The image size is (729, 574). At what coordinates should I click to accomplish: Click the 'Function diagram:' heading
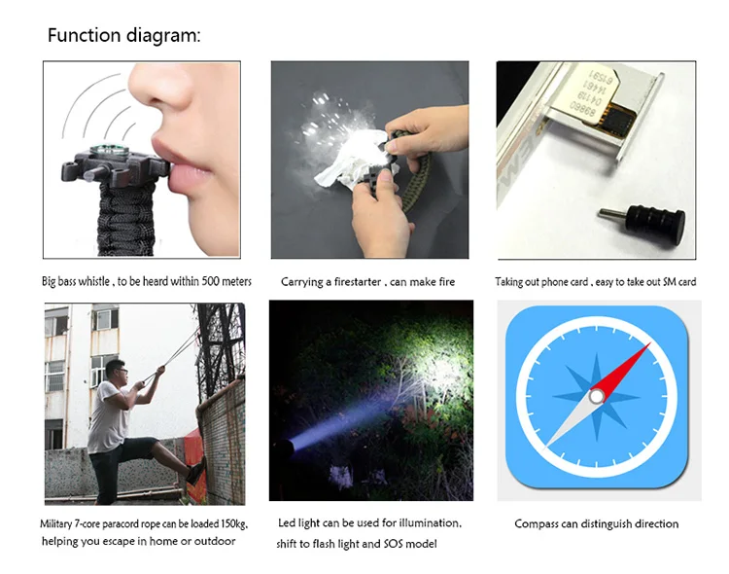click(x=124, y=35)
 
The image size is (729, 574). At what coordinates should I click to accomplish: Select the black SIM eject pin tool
click(x=642, y=218)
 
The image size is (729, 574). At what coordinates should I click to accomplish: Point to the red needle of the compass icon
click(x=622, y=368)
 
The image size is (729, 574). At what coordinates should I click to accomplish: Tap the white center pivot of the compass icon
click(x=597, y=397)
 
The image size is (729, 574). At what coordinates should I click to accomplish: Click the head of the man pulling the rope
click(x=115, y=371)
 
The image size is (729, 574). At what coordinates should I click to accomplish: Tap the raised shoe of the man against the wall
click(x=196, y=470)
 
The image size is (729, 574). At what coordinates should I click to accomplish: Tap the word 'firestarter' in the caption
click(x=358, y=281)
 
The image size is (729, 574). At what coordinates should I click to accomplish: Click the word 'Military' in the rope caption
click(x=55, y=524)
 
